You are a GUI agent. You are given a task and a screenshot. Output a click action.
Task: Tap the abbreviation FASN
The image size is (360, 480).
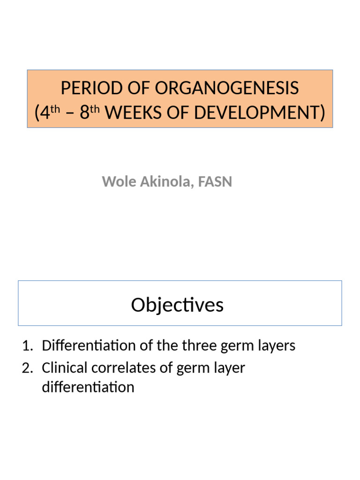point(215,181)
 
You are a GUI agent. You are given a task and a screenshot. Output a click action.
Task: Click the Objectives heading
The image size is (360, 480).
point(177,305)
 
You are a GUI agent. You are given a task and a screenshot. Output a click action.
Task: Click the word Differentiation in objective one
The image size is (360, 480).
point(86,346)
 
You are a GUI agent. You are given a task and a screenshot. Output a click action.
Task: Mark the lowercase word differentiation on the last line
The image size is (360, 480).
point(88,387)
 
